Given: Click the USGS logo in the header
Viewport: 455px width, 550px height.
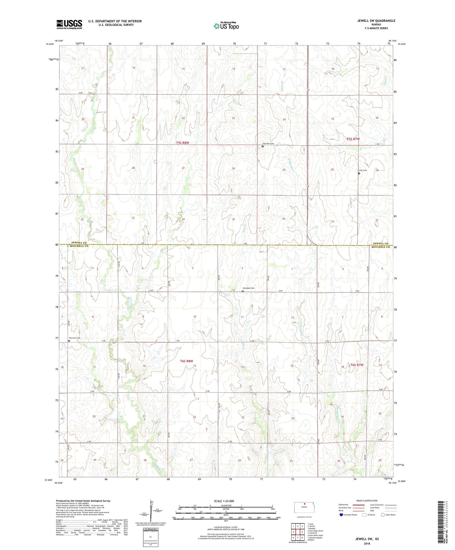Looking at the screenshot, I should click(69, 24).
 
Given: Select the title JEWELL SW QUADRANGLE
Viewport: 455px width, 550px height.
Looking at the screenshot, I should click(376, 21).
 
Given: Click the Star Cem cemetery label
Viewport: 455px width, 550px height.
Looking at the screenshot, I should click(363, 170).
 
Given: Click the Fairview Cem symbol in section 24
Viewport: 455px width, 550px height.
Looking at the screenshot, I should click(263, 147).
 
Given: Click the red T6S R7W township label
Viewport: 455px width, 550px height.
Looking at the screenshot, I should click(357, 365).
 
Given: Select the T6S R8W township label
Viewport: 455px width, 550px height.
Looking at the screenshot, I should click(186, 361).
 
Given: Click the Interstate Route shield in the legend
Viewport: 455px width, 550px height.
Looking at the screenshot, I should click(341, 515).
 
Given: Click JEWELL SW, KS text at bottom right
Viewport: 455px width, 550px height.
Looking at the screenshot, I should click(367, 539).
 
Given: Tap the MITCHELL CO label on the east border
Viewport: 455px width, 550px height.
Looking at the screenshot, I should click(380, 247).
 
